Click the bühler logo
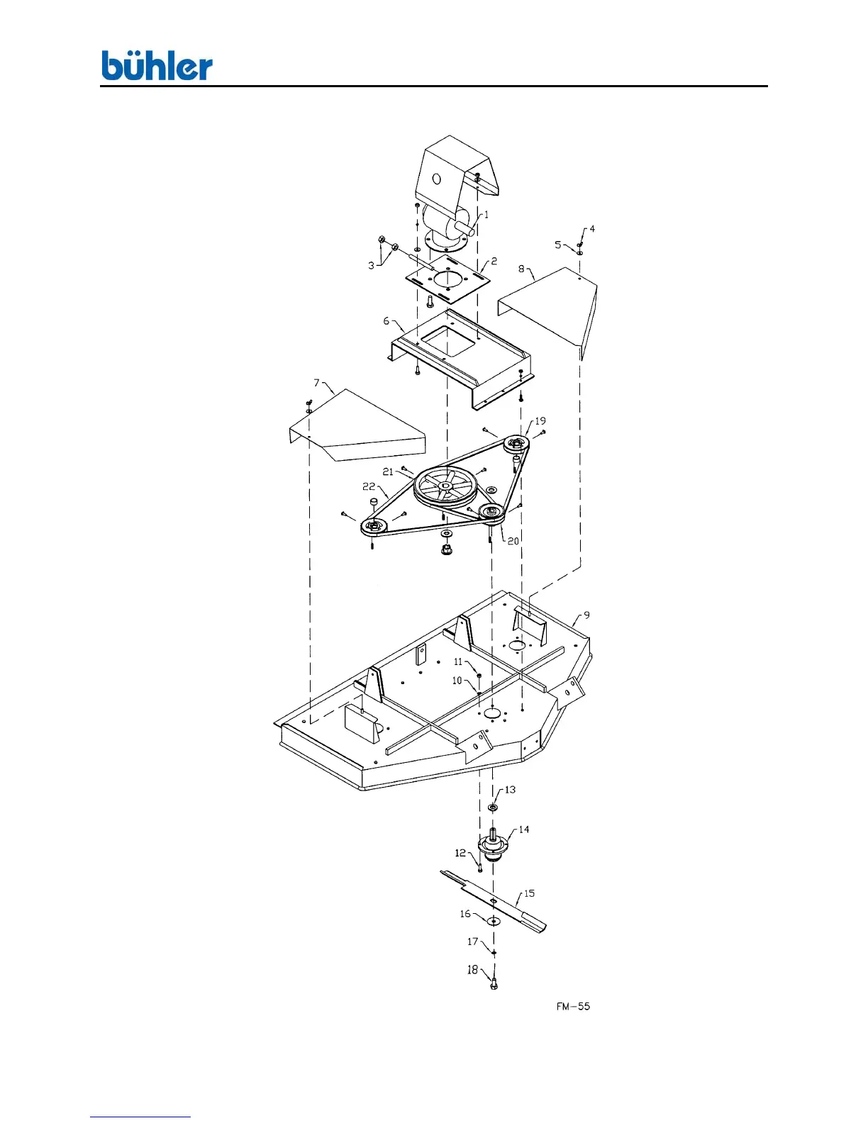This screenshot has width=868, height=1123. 157,66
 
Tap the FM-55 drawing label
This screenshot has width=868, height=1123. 573,1006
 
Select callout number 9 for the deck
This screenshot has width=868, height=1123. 586,615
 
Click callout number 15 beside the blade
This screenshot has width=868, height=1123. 529,893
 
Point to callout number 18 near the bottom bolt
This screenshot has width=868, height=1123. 472,970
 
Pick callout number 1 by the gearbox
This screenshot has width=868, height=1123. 486,214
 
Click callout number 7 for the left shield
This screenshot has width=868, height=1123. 317,383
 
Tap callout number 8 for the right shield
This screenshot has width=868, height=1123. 521,269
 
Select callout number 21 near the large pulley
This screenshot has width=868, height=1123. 388,471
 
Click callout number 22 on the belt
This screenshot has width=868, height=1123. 369,486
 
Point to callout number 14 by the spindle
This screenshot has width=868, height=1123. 523,829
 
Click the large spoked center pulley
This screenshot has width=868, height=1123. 443,486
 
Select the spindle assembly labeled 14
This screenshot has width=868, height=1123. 494,847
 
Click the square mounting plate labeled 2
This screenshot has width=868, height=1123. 447,279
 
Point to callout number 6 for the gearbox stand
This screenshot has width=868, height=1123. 386,321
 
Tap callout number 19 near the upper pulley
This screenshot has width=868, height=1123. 540,420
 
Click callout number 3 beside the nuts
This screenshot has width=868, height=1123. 371,266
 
